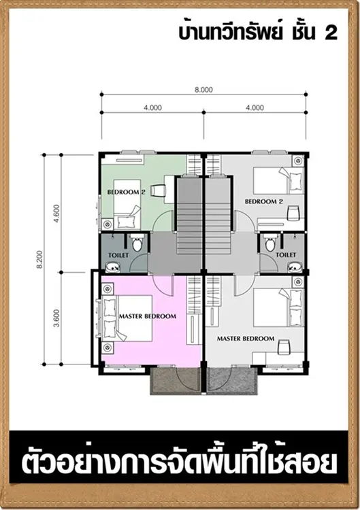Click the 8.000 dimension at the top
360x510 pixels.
pyautogui.click(x=203, y=90)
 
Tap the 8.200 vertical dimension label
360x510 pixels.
pyautogui.click(x=39, y=260)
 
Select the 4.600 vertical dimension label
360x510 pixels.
pyautogui.click(x=56, y=214)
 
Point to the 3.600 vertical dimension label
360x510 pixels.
pyautogui.click(x=56, y=318)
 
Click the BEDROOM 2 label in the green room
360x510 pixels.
pyautogui.click(x=127, y=192)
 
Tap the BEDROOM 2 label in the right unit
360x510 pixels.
pyautogui.click(x=264, y=201)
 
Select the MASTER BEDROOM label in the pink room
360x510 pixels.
pyautogui.click(x=148, y=316)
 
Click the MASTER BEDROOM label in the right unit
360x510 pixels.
pyautogui.click(x=246, y=339)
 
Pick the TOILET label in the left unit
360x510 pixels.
pyautogui.click(x=118, y=255)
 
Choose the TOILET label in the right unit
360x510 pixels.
pyautogui.click(x=286, y=255)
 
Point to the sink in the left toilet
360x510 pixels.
pyautogui.click(x=113, y=268)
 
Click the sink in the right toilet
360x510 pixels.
pyautogui.click(x=295, y=268)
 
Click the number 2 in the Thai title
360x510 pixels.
pyautogui.click(x=331, y=33)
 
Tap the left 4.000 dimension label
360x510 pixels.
pyautogui.click(x=152, y=107)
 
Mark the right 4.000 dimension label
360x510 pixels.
pyautogui.click(x=255, y=107)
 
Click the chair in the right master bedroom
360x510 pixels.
pyautogui.click(x=283, y=347)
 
